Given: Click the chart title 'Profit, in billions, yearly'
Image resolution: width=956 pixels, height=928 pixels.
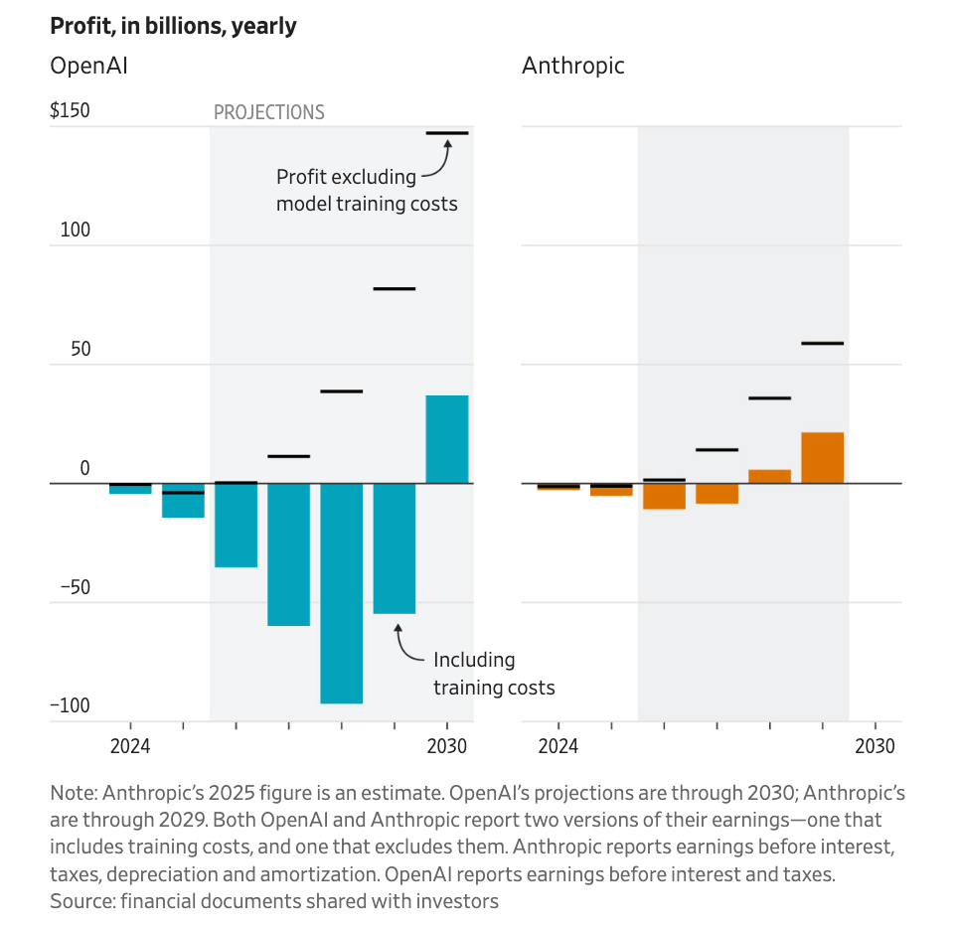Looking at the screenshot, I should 173,26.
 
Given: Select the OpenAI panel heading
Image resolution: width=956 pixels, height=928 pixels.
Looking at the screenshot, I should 88,67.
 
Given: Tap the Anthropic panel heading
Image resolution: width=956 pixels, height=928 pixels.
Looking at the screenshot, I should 573,67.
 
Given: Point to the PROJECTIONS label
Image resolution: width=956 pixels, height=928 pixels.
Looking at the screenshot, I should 269,112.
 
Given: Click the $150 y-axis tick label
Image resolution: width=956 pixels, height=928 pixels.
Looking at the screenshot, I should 70,110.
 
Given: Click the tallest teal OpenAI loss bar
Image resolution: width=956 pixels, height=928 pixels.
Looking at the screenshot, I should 341,593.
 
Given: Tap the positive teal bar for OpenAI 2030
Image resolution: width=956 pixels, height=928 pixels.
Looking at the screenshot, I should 447,439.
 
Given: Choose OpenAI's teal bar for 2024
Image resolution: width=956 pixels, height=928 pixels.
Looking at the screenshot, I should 130,489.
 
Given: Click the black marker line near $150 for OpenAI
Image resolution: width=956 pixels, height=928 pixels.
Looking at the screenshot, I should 447,132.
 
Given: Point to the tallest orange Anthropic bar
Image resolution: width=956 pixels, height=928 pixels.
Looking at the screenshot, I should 822,458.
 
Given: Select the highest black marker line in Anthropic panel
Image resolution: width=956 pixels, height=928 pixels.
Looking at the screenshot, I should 822,343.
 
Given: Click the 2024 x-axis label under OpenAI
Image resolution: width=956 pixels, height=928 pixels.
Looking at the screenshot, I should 130,746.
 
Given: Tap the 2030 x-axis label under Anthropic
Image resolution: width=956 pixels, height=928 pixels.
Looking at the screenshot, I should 875,746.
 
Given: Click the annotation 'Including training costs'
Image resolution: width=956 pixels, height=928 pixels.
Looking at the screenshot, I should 493,674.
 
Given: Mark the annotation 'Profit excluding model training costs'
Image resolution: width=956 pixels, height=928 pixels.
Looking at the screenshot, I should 367,190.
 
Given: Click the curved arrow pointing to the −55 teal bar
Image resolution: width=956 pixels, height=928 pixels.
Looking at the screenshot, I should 405,646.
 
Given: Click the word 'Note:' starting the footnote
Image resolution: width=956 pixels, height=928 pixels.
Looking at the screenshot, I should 75,794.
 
